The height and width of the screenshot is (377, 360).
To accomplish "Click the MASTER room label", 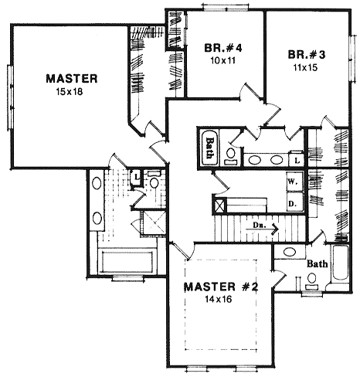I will (x=70, y=78).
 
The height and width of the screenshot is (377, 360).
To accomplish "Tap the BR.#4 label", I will (x=223, y=48).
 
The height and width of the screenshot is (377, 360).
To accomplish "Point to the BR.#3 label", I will (x=306, y=56).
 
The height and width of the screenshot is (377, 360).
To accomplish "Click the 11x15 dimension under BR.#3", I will (x=306, y=67).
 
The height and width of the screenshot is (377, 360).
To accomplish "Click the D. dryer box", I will (x=294, y=202).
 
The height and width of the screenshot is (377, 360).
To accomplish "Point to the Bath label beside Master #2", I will (x=317, y=264).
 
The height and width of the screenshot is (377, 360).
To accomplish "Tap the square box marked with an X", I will (x=220, y=205).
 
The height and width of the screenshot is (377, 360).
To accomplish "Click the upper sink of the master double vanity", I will (x=97, y=185).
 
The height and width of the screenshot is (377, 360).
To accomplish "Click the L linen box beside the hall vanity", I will (x=297, y=159).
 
